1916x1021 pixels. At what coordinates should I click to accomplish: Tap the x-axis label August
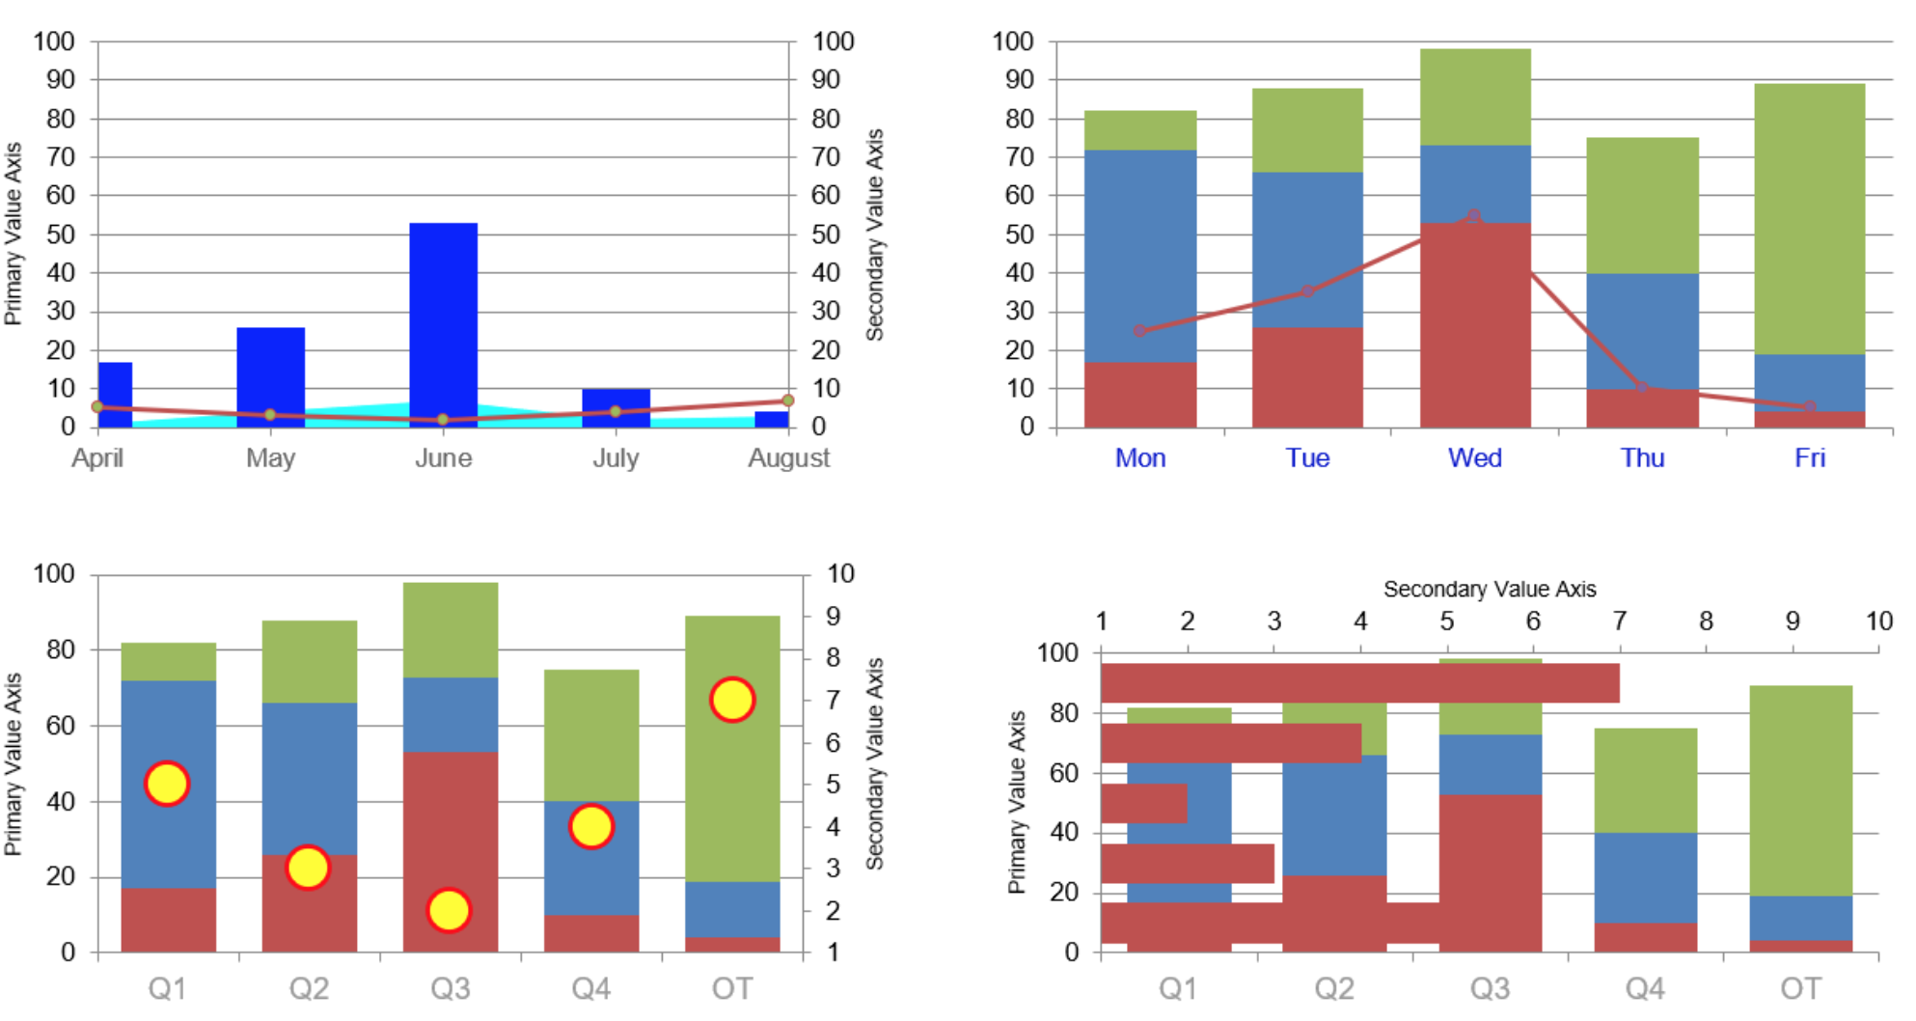tap(788, 457)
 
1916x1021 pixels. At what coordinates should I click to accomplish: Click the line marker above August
tap(788, 400)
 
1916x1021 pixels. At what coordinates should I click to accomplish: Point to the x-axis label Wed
tap(1474, 457)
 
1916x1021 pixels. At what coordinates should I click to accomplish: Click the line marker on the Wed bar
tap(1473, 216)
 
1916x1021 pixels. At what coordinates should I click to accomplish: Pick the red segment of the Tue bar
tap(1307, 376)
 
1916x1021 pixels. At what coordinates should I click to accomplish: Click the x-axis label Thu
tap(1642, 457)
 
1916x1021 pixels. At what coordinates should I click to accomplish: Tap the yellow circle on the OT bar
tap(732, 700)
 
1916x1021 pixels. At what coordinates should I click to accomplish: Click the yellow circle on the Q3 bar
tap(449, 910)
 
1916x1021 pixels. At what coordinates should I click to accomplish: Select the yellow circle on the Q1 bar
tap(167, 784)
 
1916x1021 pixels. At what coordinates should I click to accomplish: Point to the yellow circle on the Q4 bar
tap(590, 826)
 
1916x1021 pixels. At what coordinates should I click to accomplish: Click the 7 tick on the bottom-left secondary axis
tap(833, 700)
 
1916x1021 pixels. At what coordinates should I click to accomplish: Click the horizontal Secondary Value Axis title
tap(1489, 589)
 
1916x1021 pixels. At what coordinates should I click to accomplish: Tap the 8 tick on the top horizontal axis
tap(1706, 621)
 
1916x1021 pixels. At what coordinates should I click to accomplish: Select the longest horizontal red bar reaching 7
tap(1359, 682)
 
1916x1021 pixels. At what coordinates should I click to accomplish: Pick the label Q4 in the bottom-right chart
tap(1645, 988)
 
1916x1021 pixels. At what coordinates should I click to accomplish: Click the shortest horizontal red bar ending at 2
tap(1144, 803)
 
